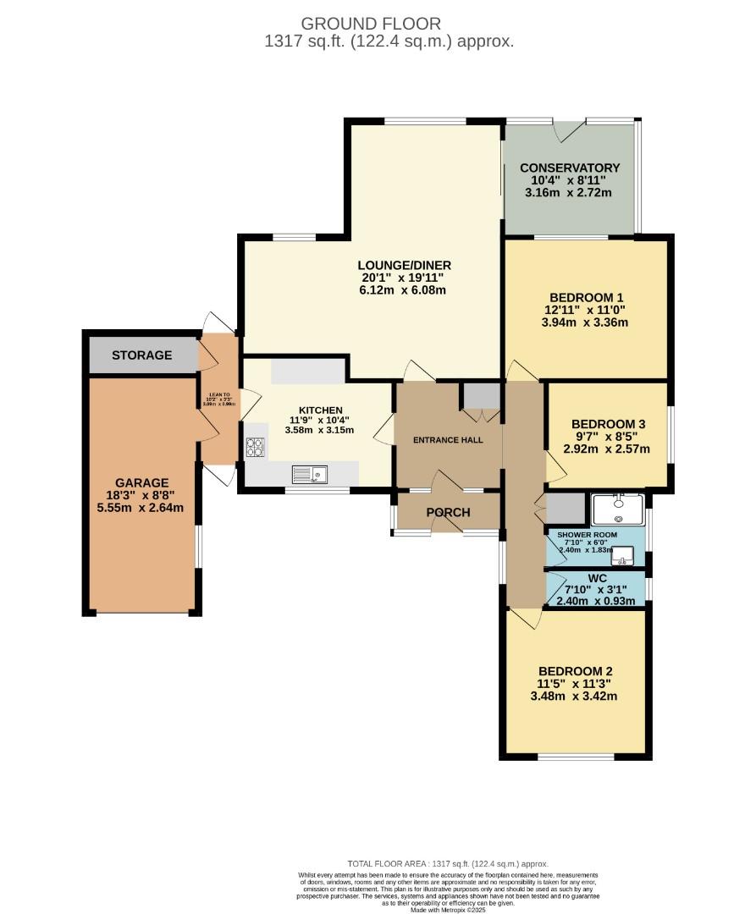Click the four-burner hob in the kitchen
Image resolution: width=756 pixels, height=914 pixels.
click(x=255, y=447)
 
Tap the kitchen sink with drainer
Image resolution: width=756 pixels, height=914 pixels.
click(x=310, y=475)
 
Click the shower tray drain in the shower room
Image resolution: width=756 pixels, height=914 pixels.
click(x=619, y=520)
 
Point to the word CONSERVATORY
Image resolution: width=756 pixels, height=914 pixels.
click(x=570, y=168)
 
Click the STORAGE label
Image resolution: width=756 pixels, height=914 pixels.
click(x=141, y=355)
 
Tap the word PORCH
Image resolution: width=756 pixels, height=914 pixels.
click(x=449, y=513)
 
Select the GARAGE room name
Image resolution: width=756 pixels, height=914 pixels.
click(x=142, y=483)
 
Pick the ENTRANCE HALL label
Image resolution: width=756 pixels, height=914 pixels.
click(x=448, y=440)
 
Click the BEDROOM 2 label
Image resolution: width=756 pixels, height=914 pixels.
click(x=575, y=669)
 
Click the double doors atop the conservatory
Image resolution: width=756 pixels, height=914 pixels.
click(x=568, y=129)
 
